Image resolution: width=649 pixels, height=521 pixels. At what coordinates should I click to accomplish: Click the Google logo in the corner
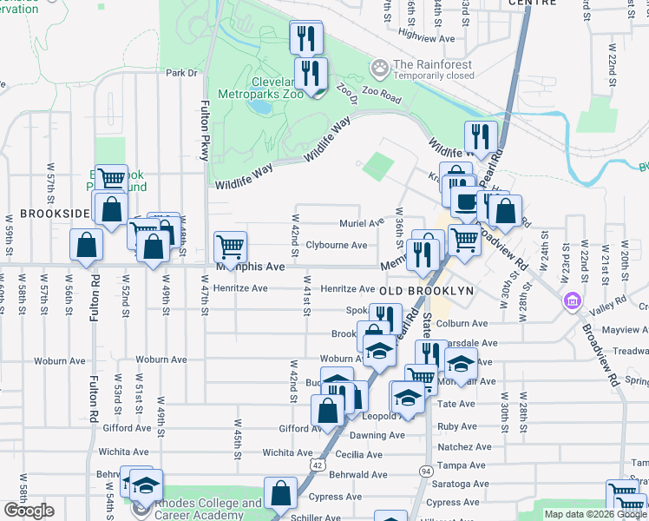pos(29,511)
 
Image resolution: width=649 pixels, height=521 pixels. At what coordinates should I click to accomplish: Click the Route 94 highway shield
pos(425,471)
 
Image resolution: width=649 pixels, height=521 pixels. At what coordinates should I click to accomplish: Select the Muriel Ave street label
pos(361,223)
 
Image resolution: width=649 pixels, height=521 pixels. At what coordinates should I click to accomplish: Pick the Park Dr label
pos(182,73)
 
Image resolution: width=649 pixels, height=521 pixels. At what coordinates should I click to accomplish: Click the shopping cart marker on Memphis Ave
pos(230,246)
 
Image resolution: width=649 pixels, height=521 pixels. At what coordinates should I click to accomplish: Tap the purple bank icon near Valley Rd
pos(572,301)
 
